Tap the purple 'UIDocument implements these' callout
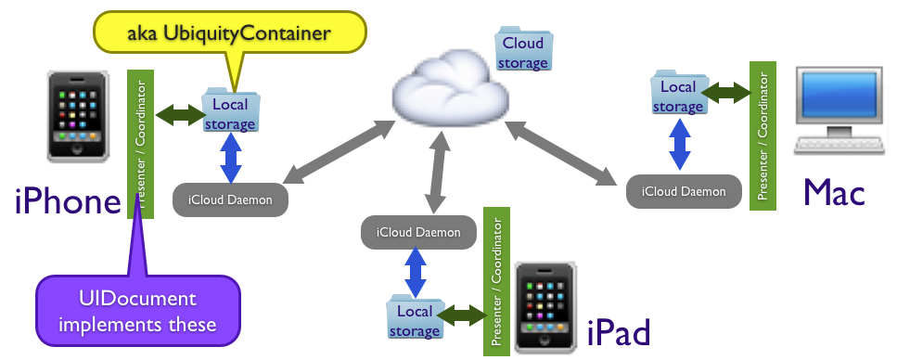click(x=137, y=312)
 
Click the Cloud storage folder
click(x=523, y=52)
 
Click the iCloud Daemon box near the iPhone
click(x=230, y=199)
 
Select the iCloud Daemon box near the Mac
click(x=684, y=190)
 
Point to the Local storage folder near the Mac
click(x=678, y=95)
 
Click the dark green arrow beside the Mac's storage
click(x=726, y=93)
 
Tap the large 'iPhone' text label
click(x=69, y=202)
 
